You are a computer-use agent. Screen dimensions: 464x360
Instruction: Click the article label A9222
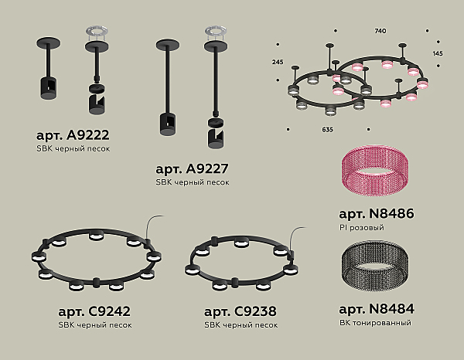coord(73,135)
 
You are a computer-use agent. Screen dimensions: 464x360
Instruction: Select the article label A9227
coord(192,168)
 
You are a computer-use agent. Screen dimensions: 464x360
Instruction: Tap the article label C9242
coord(94,311)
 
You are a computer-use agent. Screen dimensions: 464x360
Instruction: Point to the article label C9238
coord(241,311)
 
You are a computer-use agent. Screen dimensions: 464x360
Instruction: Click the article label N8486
coord(377,213)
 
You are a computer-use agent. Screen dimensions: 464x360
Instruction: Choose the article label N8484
coord(377,309)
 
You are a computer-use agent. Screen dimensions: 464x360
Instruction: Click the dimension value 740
coord(380,31)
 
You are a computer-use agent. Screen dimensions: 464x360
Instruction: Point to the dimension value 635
coord(327,130)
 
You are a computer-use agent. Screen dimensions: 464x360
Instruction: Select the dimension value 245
coord(278,62)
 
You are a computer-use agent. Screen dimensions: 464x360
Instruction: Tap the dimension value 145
coord(438,53)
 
